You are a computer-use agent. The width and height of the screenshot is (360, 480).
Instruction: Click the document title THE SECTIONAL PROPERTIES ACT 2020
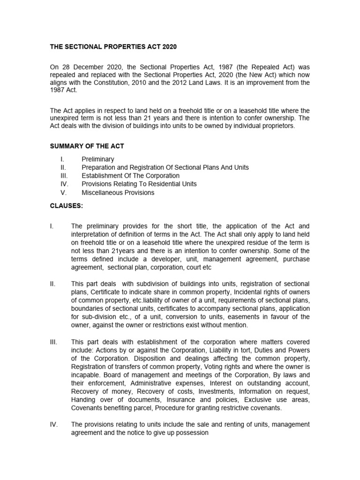pos(114,47)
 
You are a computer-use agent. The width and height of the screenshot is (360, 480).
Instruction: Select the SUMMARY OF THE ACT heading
pos(87,146)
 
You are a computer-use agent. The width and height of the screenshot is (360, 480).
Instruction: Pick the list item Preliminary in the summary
pos(97,159)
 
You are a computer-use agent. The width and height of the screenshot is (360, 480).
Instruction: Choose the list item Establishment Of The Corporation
pos(131,176)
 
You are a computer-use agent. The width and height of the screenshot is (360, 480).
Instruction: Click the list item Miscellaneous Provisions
pos(118,193)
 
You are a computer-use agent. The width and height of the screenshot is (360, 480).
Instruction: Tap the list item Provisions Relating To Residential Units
pos(139,184)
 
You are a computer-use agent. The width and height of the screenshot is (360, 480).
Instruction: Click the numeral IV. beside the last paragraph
pos(54,424)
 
